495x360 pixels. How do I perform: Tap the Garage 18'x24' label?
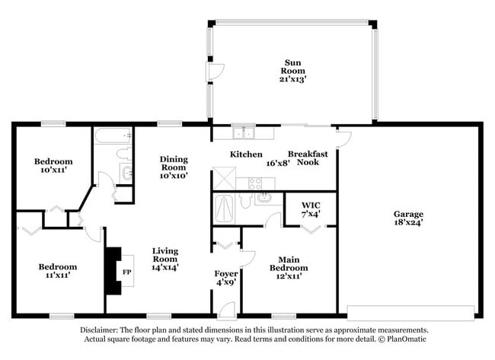(408, 218)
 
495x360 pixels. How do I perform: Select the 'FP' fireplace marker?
(127, 272)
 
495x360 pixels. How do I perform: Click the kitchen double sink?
(244, 134)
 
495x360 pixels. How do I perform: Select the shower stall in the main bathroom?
(225, 207)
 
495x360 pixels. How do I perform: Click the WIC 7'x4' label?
(311, 209)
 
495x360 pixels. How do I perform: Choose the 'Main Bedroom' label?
(293, 263)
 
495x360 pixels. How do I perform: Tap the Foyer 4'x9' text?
(225, 276)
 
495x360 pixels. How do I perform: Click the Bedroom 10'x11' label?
(53, 166)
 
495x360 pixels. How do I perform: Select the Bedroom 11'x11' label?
(58, 271)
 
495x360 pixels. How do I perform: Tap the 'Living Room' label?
(164, 255)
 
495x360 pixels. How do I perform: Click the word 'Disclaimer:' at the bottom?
(101, 330)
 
